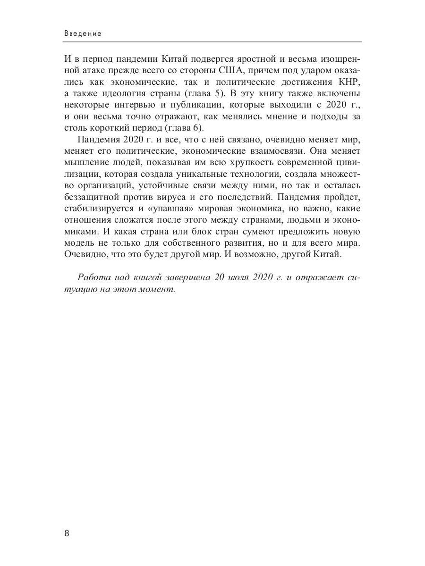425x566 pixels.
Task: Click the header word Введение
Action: pos(83,34)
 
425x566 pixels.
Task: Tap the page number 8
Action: pos(67,533)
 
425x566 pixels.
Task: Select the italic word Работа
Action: pos(93,277)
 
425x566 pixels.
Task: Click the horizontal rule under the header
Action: pos(212,42)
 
